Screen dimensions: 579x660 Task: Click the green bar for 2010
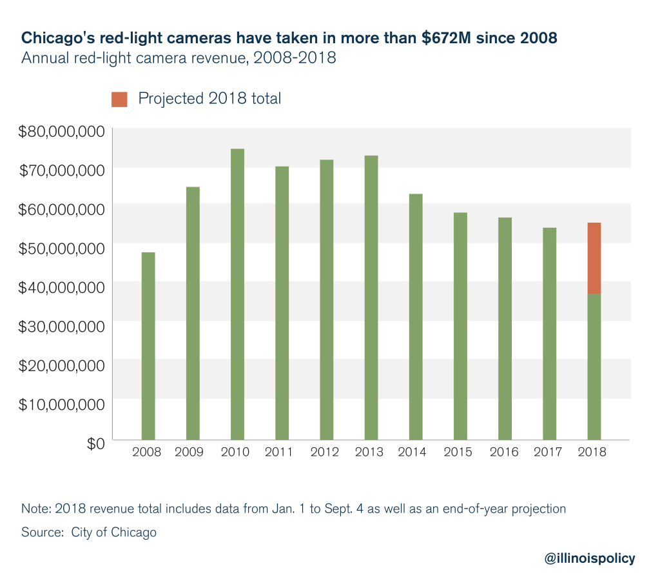[x=237, y=294]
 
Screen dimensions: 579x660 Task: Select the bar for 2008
[x=148, y=346]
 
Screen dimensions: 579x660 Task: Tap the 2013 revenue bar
[x=371, y=298]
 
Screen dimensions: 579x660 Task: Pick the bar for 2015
[x=460, y=326]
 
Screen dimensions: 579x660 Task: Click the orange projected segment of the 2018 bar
[x=594, y=258]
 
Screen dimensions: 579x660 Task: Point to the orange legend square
[x=119, y=99]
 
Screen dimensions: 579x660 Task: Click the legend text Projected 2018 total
[x=209, y=99]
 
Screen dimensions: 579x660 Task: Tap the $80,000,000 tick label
[x=61, y=132]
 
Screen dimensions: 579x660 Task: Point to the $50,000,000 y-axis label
[x=61, y=249]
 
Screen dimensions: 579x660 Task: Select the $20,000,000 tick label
[x=61, y=365]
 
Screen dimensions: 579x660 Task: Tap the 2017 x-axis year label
[x=548, y=452]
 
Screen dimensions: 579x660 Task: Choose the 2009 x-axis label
[x=189, y=452]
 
